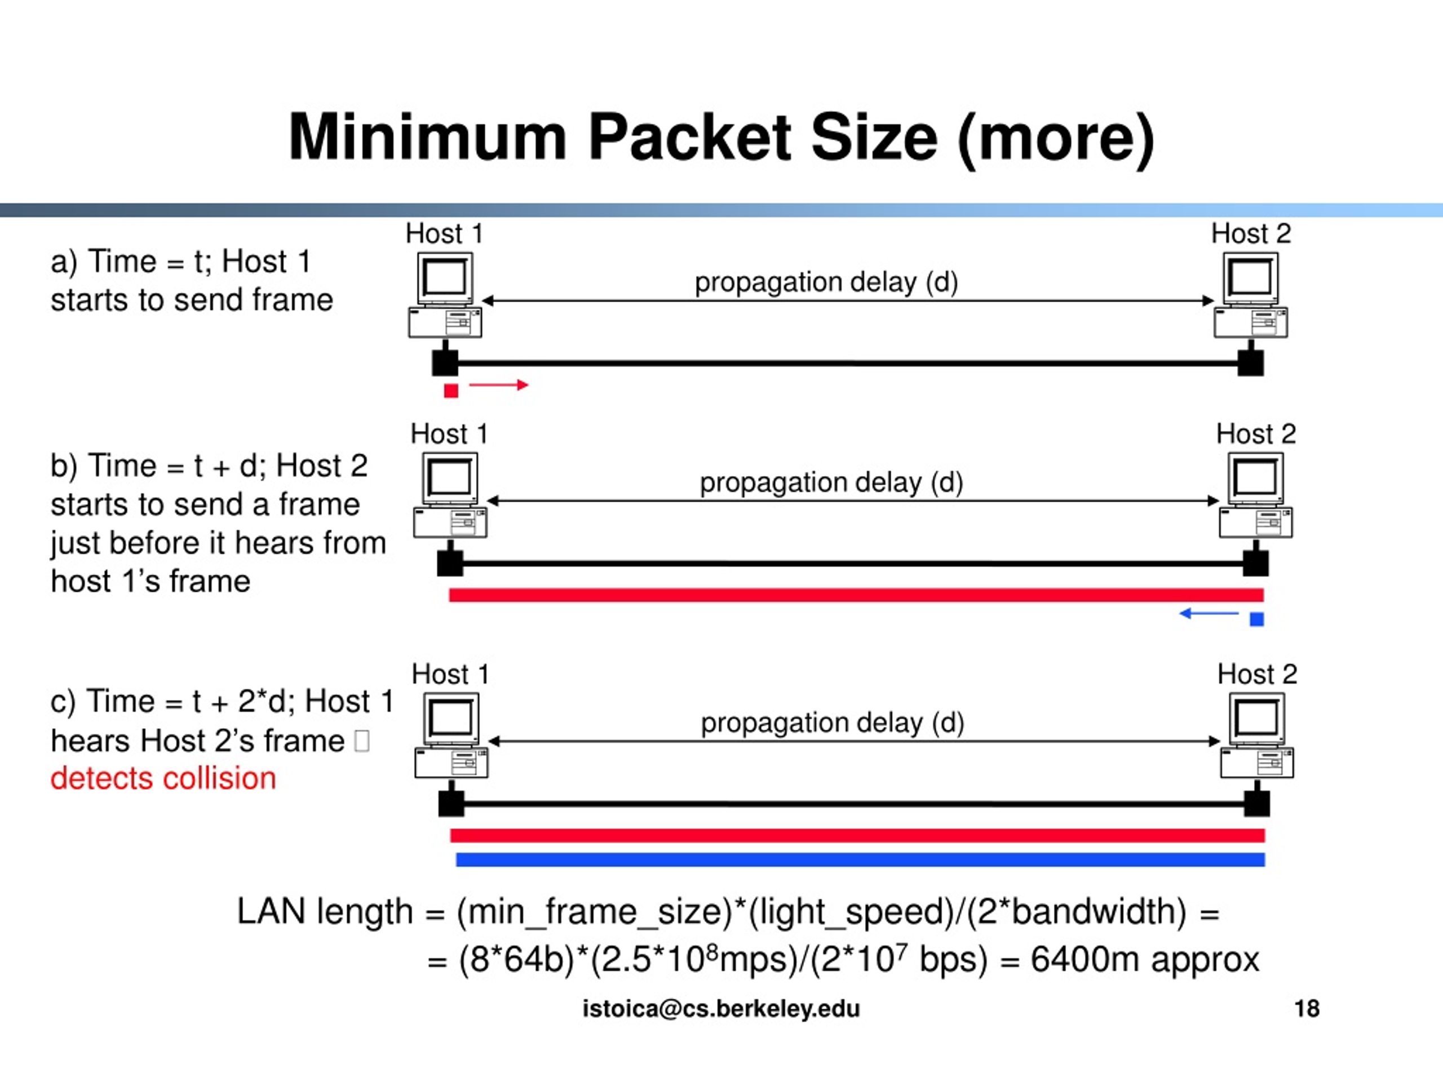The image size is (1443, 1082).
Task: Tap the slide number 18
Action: tap(1307, 1009)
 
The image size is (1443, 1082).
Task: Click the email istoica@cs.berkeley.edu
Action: tap(721, 1009)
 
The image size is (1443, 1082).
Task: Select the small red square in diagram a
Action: tap(451, 391)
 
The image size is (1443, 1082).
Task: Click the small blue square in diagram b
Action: tap(1256, 619)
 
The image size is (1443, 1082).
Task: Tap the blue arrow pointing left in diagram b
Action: tap(1209, 613)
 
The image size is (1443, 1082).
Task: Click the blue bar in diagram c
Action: tap(860, 859)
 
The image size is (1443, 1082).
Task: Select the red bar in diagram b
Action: tap(856, 595)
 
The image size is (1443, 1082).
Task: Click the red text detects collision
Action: tap(163, 779)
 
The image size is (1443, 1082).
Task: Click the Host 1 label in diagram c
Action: tap(450, 675)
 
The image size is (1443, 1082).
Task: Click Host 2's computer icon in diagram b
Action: tap(1256, 496)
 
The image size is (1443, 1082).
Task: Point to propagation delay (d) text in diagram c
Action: tap(833, 722)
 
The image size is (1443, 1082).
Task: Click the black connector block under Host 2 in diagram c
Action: tap(1256, 804)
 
